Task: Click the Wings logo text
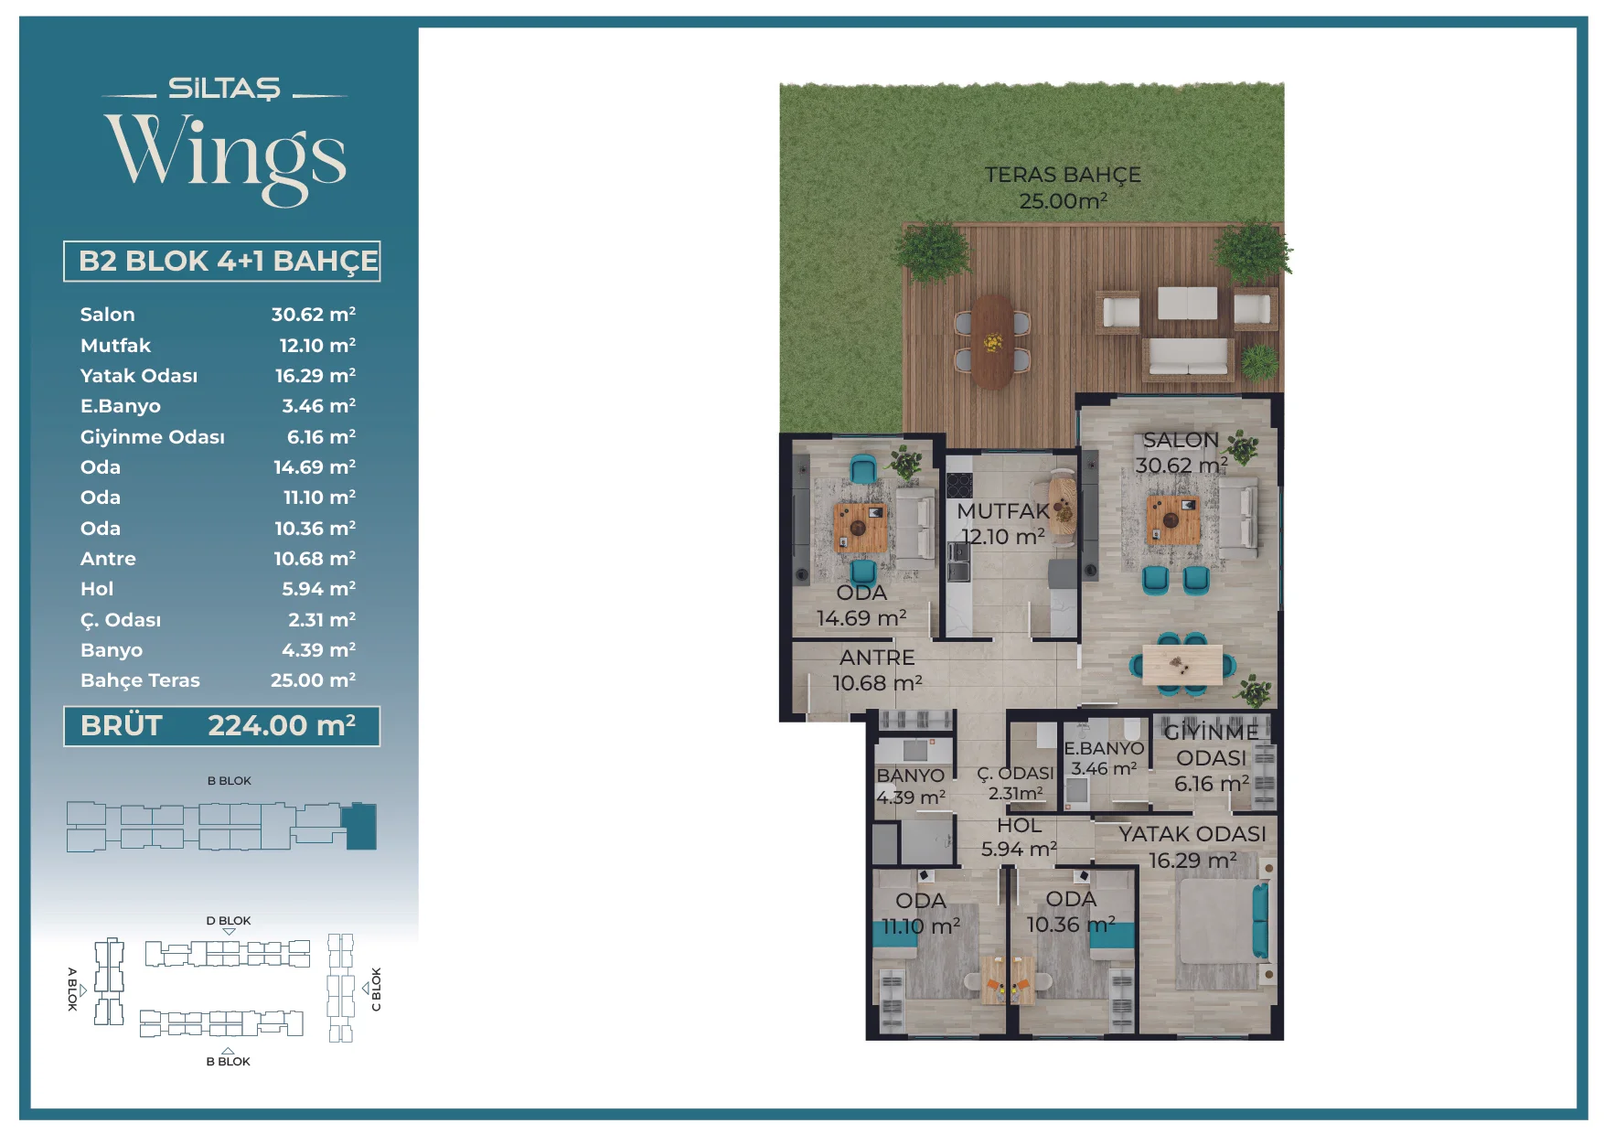[225, 156]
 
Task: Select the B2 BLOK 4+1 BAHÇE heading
[228, 261]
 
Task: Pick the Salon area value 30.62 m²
[313, 315]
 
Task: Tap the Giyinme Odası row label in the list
[152, 437]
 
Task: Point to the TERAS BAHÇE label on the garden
[1063, 175]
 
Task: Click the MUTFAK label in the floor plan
[1003, 511]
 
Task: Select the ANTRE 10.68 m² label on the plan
[877, 670]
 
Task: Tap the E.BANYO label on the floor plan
[1104, 748]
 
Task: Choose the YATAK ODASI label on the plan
[1192, 834]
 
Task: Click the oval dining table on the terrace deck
[992, 341]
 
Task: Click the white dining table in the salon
[1182, 665]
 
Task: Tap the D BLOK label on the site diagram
[229, 921]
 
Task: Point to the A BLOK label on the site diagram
[72, 989]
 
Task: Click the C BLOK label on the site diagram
[376, 990]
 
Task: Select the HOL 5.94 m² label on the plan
[1019, 838]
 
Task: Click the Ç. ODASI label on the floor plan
[1015, 774]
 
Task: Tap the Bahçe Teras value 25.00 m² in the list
[313, 680]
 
